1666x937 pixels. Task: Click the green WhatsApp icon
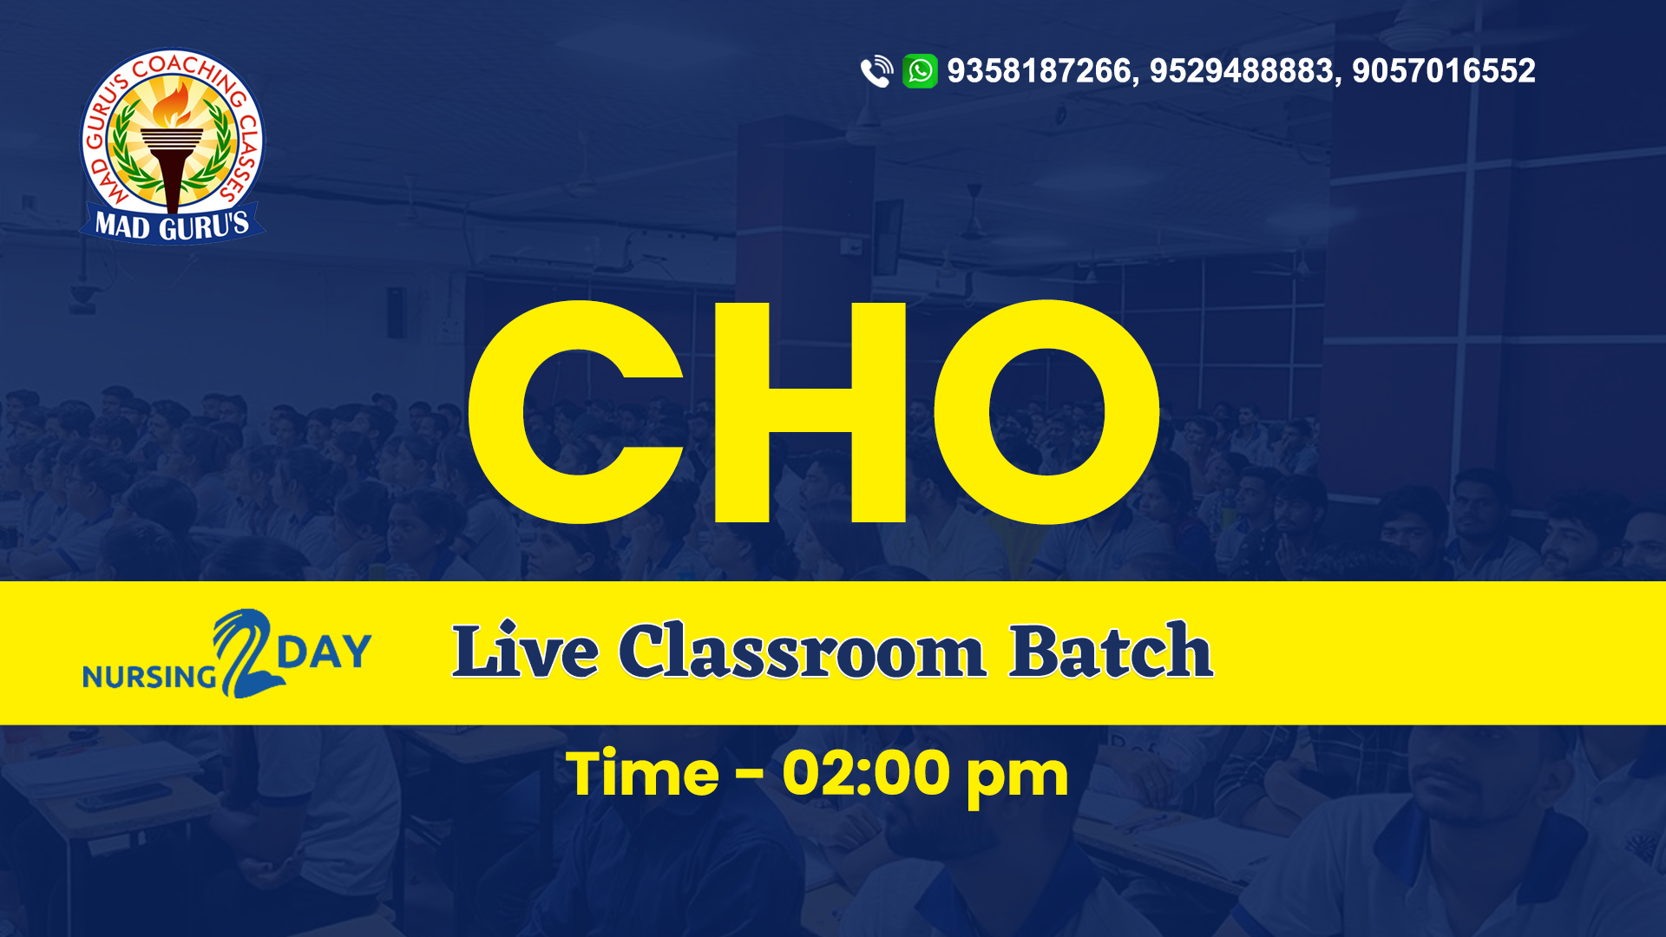[x=920, y=71]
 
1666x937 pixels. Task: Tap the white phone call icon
[x=876, y=71]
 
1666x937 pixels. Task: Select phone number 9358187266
[x=1040, y=71]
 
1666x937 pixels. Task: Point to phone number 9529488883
[x=1242, y=71]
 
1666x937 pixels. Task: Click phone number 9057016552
[x=1444, y=71]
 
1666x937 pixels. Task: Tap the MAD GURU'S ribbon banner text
[x=172, y=226]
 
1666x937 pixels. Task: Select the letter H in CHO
[x=810, y=412]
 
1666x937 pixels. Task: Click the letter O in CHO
[x=1047, y=412]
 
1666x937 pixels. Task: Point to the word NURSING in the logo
[x=149, y=677]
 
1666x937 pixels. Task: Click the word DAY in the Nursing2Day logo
[x=325, y=652]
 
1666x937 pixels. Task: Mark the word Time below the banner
[x=642, y=774]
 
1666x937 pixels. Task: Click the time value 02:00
[x=865, y=774]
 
